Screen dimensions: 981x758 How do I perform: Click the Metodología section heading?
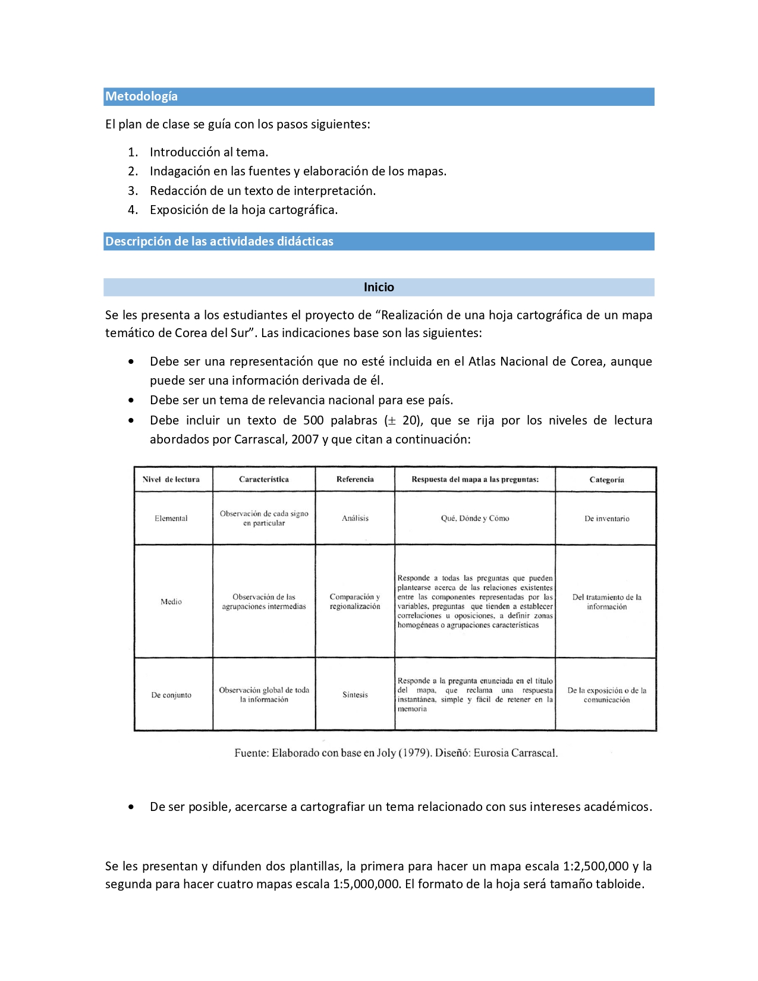click(x=141, y=96)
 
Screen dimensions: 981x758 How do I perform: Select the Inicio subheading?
click(x=379, y=287)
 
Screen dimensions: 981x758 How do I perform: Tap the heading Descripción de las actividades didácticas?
click(x=219, y=241)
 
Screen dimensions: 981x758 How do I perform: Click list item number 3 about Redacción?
click(x=262, y=191)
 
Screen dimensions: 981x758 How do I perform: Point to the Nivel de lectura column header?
click(x=171, y=479)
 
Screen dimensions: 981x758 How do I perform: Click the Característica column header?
click(x=264, y=479)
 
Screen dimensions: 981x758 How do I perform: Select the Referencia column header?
click(x=355, y=479)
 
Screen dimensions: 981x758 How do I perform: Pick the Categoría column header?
click(x=606, y=480)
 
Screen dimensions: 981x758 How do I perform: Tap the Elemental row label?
click(x=171, y=518)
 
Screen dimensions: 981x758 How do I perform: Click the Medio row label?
click(x=171, y=602)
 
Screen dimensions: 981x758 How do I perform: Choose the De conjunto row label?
click(x=171, y=695)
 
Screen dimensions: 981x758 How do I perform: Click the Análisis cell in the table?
click(x=355, y=518)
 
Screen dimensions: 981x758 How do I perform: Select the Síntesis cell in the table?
click(x=355, y=695)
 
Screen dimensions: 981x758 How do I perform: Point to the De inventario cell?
click(x=606, y=518)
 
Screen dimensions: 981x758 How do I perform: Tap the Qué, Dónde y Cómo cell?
click(x=475, y=518)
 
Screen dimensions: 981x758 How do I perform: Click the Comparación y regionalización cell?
click(x=355, y=602)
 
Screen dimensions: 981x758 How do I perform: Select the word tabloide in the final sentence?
click(x=620, y=884)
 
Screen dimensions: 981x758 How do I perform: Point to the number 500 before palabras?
click(x=313, y=420)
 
